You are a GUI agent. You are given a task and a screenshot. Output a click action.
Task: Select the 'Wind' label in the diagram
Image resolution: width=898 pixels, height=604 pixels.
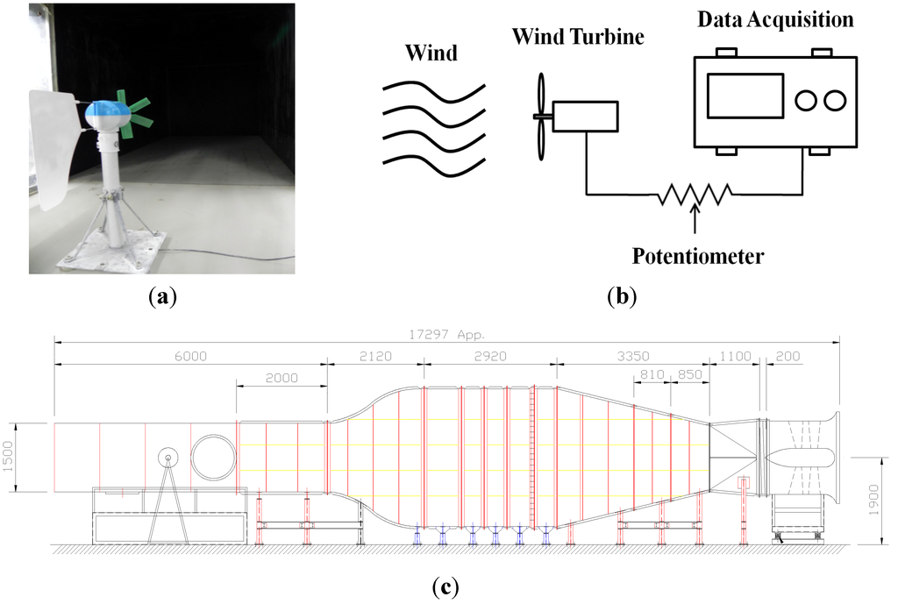pos(431,53)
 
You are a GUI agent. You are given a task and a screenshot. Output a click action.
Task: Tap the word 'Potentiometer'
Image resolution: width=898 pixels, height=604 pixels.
pos(697,257)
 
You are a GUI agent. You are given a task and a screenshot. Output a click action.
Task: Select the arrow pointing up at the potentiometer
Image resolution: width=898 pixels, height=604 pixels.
pos(695,221)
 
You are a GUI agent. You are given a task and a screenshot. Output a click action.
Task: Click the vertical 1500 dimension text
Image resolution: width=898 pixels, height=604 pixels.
pos(10,454)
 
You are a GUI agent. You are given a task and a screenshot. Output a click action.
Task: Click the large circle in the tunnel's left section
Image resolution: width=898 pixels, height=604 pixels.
pos(214,455)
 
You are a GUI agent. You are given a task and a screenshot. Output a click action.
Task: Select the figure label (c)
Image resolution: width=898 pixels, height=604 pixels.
pos(446,586)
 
